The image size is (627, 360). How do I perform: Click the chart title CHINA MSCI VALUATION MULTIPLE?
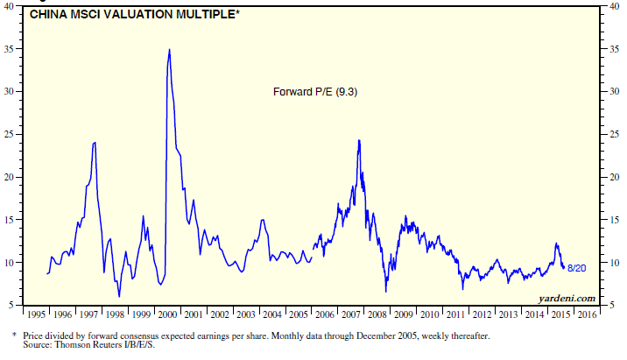126,14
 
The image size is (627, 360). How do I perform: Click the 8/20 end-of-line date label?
577,267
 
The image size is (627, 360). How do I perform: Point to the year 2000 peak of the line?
169,50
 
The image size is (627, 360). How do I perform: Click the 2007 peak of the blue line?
358,140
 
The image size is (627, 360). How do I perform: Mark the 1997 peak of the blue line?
95,142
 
